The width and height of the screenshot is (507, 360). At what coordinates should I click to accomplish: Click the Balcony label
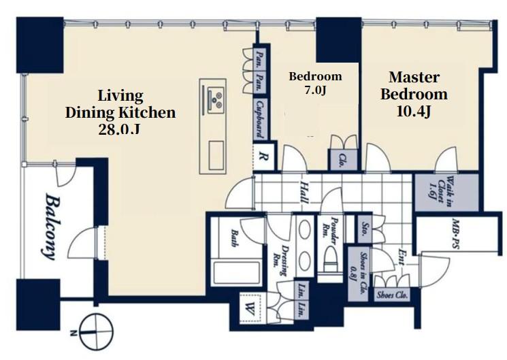click(x=50, y=227)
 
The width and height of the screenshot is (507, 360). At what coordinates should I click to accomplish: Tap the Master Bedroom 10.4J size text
click(x=414, y=112)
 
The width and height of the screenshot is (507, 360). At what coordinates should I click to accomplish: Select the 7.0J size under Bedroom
click(x=315, y=90)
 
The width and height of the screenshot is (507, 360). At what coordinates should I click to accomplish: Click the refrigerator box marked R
click(x=263, y=157)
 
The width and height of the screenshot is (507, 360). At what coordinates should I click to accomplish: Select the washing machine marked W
click(x=250, y=308)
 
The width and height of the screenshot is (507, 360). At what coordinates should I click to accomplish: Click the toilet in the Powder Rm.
click(x=330, y=261)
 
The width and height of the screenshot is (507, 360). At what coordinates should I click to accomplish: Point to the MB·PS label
click(x=455, y=234)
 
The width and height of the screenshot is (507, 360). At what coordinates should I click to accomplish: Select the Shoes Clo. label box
click(x=392, y=295)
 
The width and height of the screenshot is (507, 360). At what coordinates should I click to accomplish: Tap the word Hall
click(x=304, y=192)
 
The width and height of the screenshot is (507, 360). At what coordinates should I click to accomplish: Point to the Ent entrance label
click(x=402, y=257)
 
